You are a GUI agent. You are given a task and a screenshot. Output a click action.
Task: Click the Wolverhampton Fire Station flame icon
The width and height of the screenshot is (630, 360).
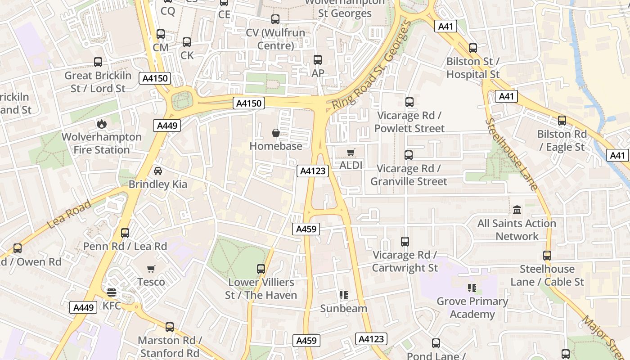(x=102, y=123)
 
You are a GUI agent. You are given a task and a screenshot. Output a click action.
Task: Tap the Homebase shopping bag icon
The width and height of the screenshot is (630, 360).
(x=275, y=133)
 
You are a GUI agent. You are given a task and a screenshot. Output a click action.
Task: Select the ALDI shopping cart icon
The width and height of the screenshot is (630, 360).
(x=351, y=153)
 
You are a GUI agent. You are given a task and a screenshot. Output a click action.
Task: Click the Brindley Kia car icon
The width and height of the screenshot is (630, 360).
(x=158, y=171)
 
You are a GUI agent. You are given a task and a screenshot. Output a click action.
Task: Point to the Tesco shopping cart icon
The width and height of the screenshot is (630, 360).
(x=151, y=269)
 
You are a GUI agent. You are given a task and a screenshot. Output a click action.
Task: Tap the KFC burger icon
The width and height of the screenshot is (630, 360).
(x=112, y=293)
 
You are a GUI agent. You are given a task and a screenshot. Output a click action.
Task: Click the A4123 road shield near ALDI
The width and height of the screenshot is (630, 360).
(x=313, y=171)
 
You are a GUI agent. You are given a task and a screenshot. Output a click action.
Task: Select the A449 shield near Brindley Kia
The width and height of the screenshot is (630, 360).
(x=167, y=126)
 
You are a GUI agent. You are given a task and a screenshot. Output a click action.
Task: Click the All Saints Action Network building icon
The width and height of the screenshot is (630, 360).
(x=517, y=210)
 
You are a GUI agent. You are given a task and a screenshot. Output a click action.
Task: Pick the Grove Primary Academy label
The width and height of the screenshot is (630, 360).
(x=472, y=307)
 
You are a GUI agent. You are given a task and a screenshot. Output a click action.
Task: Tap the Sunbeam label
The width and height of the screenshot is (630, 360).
(x=343, y=309)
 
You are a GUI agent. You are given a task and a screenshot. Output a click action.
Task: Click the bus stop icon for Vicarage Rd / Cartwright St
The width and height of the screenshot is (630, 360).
(x=405, y=242)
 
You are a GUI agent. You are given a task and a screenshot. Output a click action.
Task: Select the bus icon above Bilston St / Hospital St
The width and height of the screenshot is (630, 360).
(x=473, y=48)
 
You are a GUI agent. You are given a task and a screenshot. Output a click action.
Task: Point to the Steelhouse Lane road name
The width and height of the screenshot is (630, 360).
(x=512, y=154)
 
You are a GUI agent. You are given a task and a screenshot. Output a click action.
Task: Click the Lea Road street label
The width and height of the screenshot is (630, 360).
(x=69, y=215)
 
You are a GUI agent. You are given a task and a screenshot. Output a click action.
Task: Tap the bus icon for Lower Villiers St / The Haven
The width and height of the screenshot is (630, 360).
(x=261, y=269)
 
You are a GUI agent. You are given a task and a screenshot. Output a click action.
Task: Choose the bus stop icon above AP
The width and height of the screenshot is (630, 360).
(x=318, y=60)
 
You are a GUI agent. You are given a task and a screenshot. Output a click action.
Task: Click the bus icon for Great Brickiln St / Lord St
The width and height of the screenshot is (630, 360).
(x=98, y=62)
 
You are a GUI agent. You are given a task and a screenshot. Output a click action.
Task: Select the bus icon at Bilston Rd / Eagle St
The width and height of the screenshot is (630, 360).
(x=562, y=121)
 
